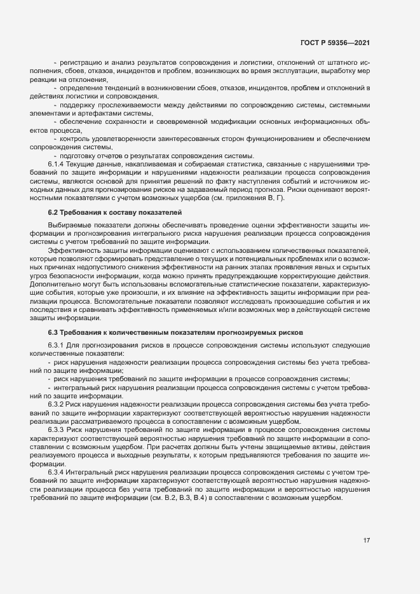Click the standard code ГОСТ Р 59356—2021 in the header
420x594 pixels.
click(335, 43)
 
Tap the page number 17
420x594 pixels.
click(367, 541)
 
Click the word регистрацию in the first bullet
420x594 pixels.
click(81, 62)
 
